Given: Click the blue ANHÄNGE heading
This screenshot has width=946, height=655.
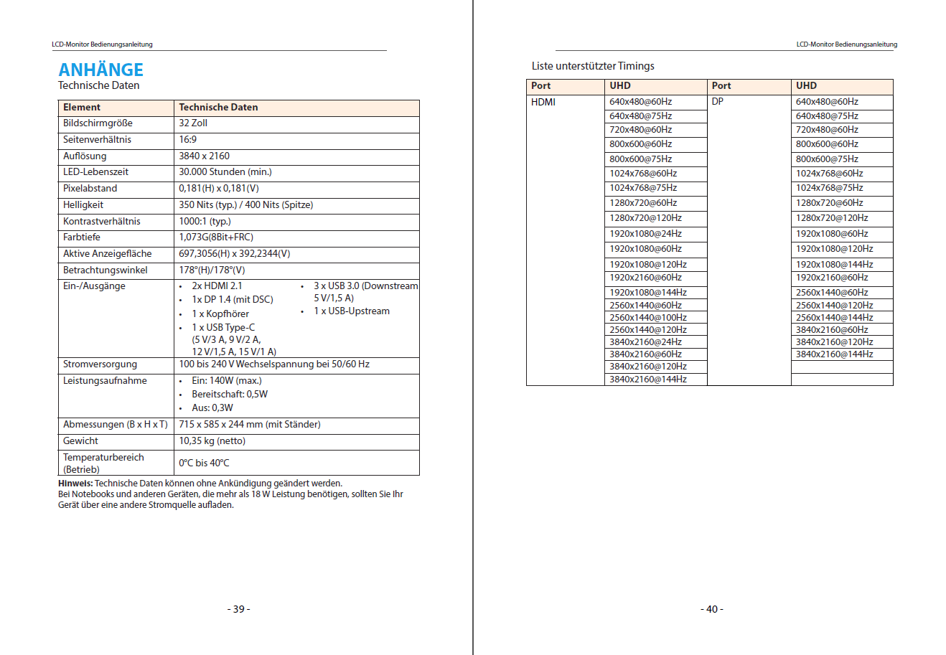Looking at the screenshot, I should click(100, 70).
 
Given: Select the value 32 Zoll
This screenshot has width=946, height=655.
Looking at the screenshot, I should click(193, 123).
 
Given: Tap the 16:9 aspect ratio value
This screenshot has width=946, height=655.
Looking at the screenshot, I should click(187, 140).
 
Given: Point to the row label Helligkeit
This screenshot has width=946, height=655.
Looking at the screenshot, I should click(83, 205).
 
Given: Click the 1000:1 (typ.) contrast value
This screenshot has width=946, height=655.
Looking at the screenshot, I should click(205, 222).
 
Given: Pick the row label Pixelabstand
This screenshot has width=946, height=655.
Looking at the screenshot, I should click(90, 189).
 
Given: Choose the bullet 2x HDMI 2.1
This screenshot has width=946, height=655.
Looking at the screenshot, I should click(217, 286).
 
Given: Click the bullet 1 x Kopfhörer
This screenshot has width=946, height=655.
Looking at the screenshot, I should click(220, 314).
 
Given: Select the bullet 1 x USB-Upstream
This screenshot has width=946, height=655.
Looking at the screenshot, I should click(352, 311).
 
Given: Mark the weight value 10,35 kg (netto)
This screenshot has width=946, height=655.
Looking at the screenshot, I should click(212, 441).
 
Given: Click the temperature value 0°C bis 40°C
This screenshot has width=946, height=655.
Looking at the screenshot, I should click(204, 463).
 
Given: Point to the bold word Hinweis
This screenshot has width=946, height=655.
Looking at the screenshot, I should click(75, 484).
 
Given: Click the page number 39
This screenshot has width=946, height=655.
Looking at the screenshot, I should click(238, 609).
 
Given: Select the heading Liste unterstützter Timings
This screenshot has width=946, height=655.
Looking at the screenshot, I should click(593, 66).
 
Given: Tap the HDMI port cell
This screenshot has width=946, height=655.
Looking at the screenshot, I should click(543, 102).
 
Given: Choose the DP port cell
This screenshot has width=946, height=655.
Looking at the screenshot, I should click(718, 102).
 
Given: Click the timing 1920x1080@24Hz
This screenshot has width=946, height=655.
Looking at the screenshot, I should click(645, 234).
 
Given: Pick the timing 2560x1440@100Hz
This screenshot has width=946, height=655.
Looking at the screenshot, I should click(648, 318).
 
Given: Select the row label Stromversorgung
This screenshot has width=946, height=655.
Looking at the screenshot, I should click(100, 364).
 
